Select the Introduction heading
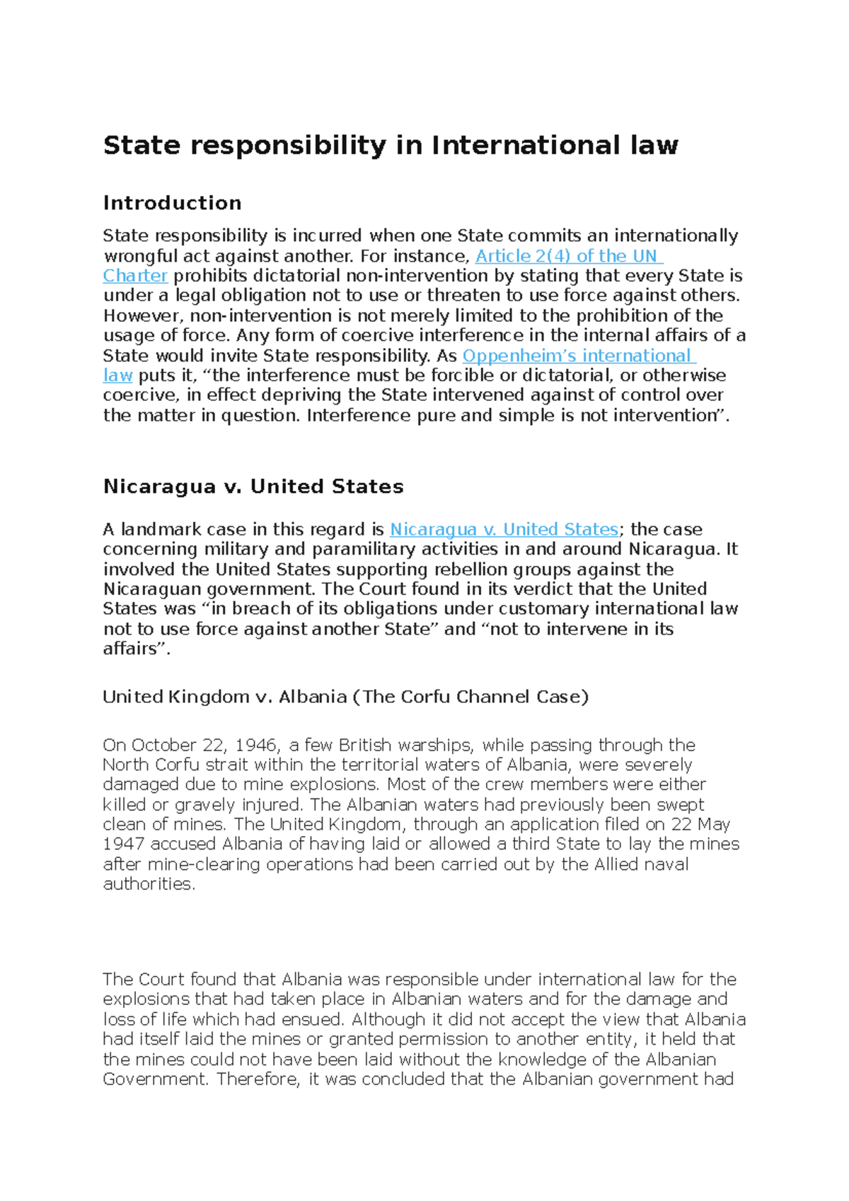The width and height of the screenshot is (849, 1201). tap(172, 203)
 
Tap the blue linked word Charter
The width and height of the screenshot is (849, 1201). tap(135, 276)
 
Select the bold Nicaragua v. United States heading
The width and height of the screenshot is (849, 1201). tap(253, 487)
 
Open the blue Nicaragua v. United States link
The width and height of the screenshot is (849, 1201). tap(504, 530)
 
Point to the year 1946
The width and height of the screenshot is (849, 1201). tap(256, 745)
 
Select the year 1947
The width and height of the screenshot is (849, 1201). tap(124, 845)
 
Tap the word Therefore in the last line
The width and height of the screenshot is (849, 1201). tap(258, 1079)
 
